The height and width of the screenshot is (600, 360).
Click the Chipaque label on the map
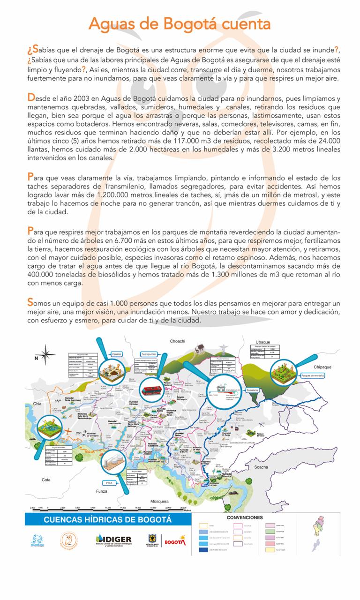(322, 367)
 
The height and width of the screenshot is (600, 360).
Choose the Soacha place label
(261, 454)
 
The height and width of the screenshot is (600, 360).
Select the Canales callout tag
(117, 354)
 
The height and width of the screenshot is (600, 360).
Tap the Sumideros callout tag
(252, 390)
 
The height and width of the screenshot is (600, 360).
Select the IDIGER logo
(113, 540)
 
